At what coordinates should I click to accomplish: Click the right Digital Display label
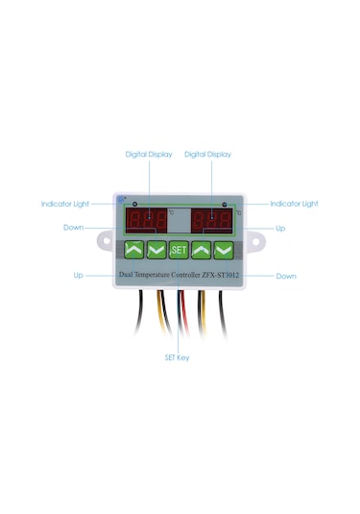tap(207, 154)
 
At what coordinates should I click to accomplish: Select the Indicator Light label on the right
tap(294, 204)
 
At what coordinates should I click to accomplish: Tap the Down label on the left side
tap(73, 228)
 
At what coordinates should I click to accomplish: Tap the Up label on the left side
tap(78, 275)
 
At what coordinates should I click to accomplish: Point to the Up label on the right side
tap(280, 229)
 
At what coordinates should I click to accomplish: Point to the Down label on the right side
tap(286, 276)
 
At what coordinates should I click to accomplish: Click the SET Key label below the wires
tap(178, 356)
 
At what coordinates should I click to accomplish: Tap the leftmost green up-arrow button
tap(134, 250)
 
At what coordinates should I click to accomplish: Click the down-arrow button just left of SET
tap(156, 250)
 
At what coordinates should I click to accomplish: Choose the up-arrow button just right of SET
tap(201, 250)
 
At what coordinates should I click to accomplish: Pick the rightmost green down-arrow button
tap(223, 250)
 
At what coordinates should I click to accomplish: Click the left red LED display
tap(146, 220)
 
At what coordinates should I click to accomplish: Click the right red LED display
tap(209, 220)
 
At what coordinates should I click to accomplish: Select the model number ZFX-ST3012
tap(220, 275)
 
